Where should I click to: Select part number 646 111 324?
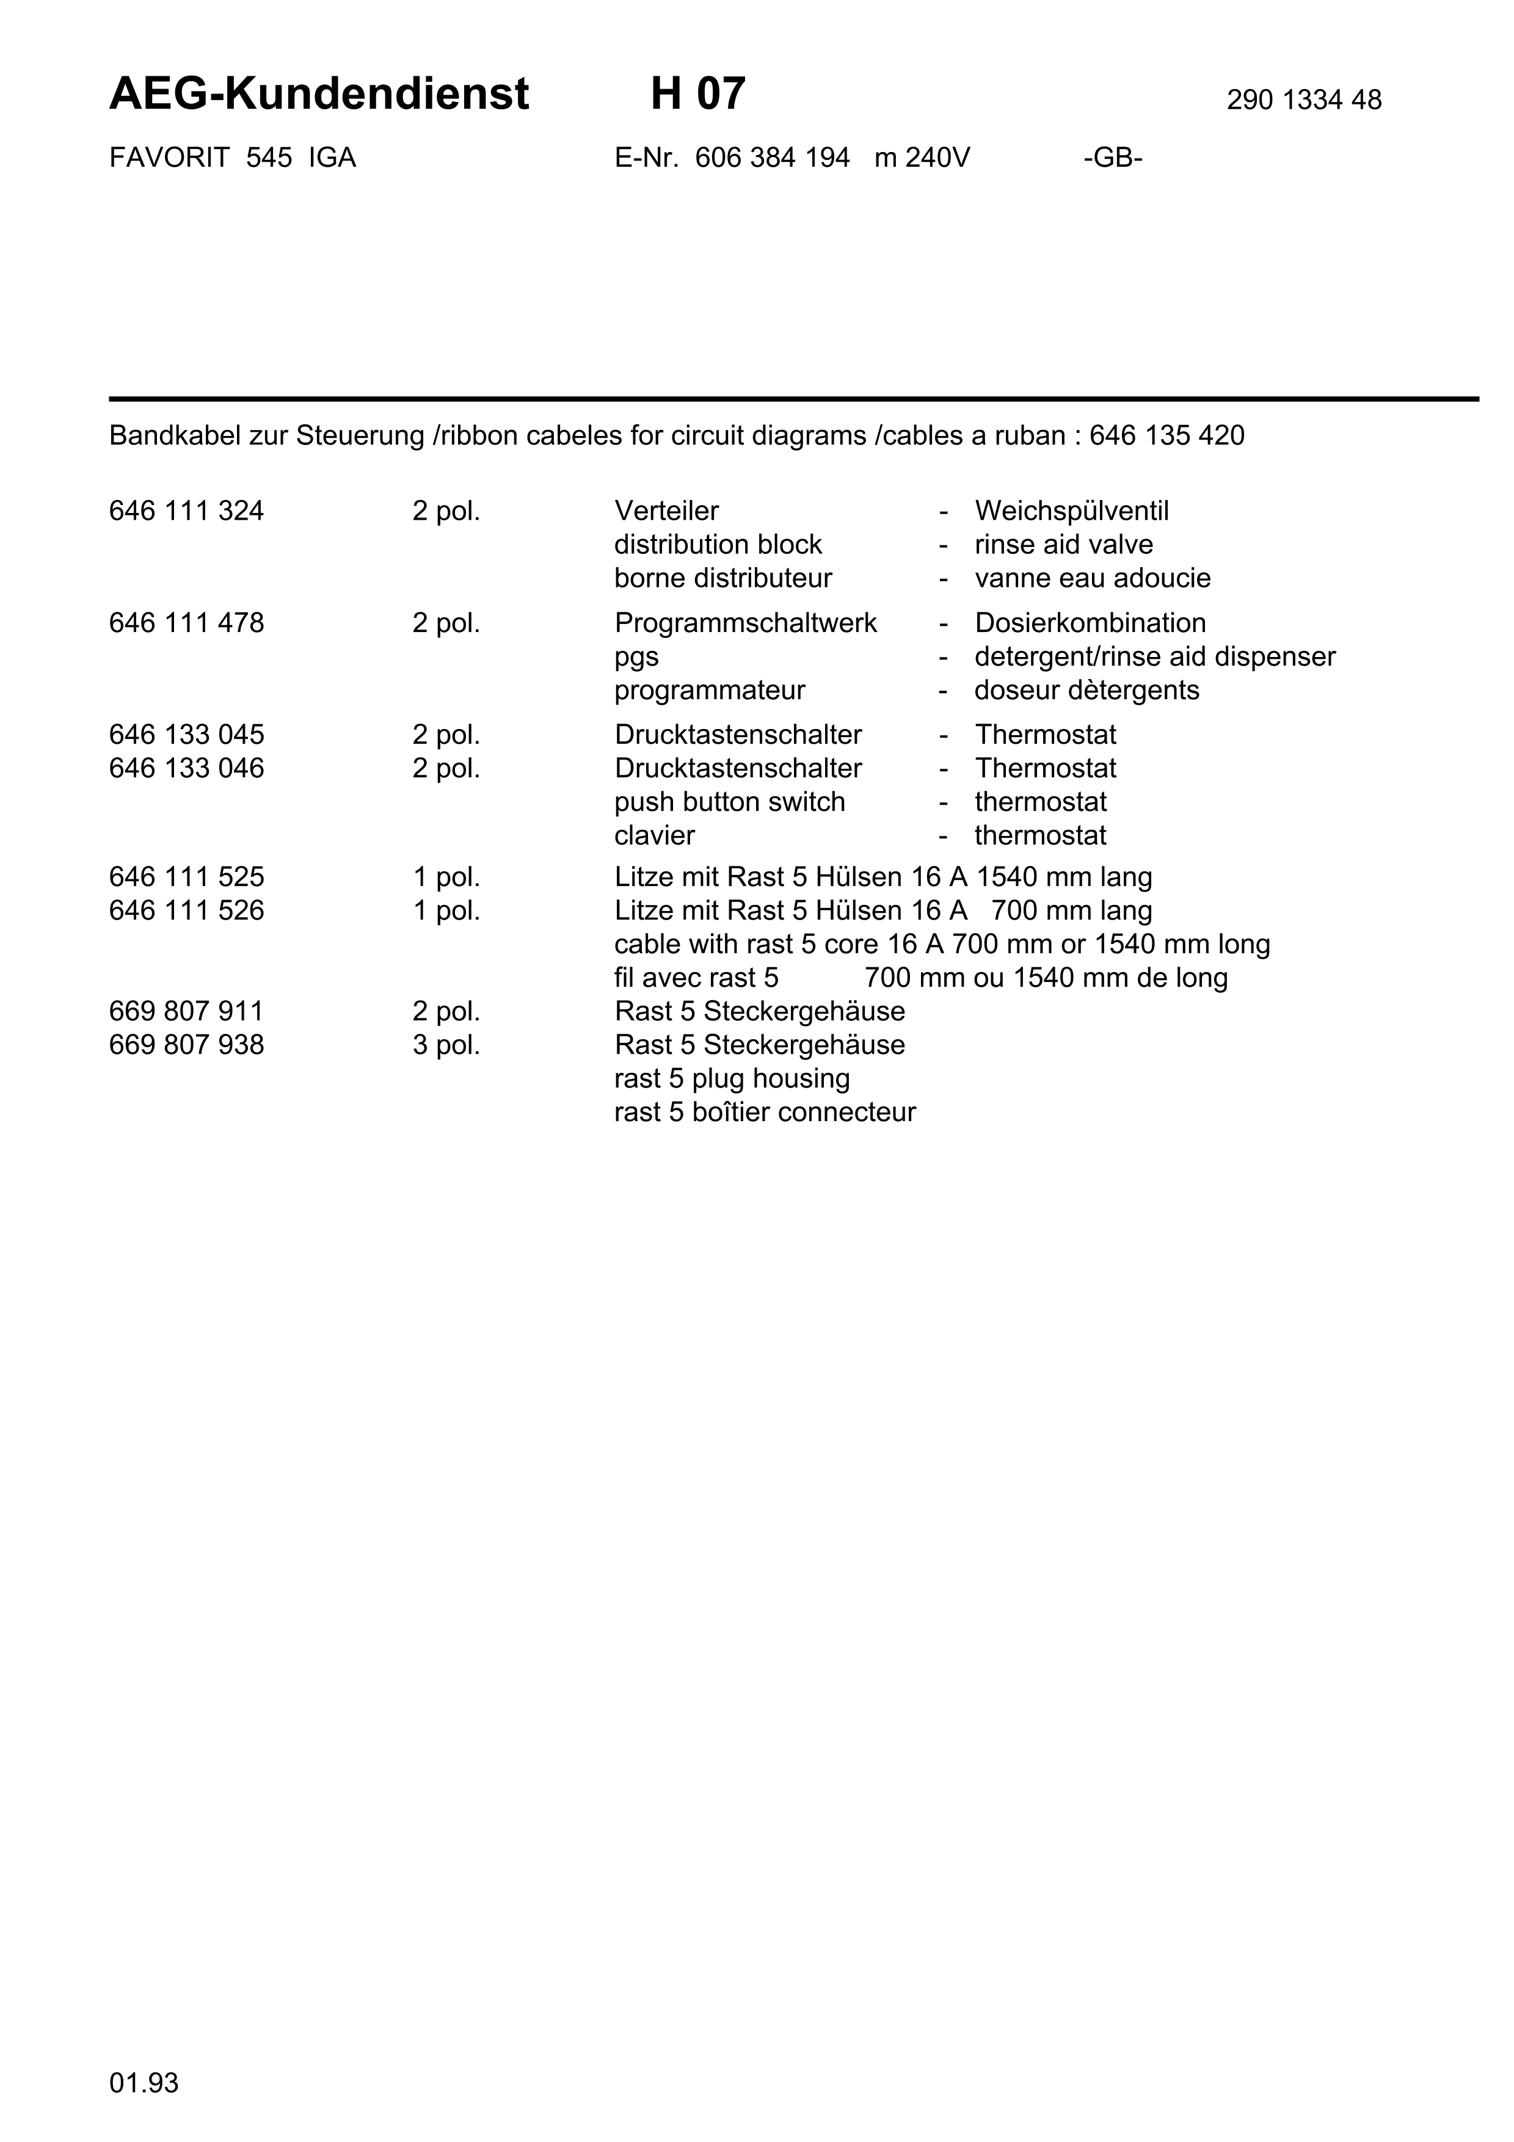click(186, 511)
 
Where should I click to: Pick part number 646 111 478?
click(186, 623)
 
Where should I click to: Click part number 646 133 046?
click(186, 769)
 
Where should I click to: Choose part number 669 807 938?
click(186, 1045)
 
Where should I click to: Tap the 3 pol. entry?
click(446, 1045)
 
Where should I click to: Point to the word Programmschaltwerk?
click(745, 623)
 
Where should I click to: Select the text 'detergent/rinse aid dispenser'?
click(1155, 657)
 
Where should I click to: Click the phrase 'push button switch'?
click(729, 802)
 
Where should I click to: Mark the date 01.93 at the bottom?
click(144, 2083)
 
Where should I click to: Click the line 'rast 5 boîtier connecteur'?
click(765, 1112)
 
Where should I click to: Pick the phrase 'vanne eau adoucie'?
click(1093, 578)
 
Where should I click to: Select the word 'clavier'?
click(654, 836)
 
